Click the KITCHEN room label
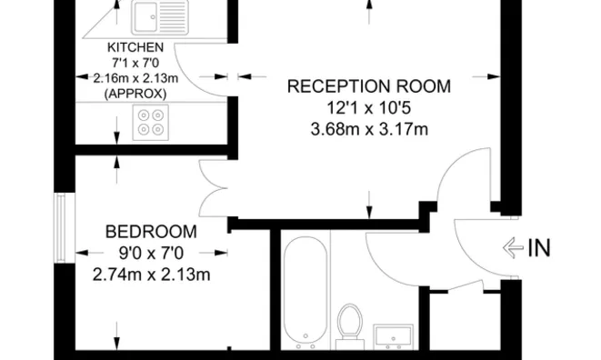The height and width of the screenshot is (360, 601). [x=135, y=47]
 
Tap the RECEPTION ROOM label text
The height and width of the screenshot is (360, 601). [x=368, y=87]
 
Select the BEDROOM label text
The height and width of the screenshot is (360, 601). [x=151, y=231]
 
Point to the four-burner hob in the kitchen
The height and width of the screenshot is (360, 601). [x=149, y=123]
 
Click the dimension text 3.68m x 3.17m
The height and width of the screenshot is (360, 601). [x=368, y=129]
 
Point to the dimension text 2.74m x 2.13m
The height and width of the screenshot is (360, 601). [x=151, y=274]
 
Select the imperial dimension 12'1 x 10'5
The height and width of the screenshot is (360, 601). [x=368, y=108]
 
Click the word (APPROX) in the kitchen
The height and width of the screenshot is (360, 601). [x=135, y=94]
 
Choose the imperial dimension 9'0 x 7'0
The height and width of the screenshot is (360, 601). [x=151, y=253]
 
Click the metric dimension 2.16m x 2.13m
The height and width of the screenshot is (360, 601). [x=135, y=78]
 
